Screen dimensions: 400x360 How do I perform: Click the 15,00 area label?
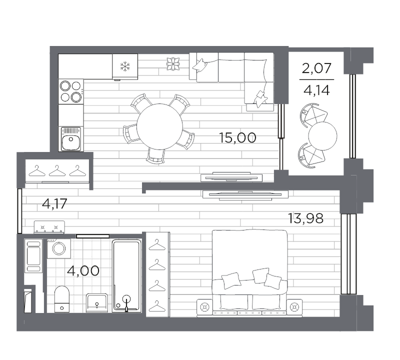click(x=237, y=138)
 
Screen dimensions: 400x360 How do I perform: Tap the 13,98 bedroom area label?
click(x=305, y=218)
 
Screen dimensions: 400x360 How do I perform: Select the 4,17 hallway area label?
click(x=54, y=203)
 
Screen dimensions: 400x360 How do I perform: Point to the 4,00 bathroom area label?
click(x=83, y=270)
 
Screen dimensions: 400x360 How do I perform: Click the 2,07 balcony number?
click(x=316, y=68)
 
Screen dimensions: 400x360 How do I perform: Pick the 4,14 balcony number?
click(x=316, y=90)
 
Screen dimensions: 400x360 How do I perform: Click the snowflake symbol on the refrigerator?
click(x=125, y=66)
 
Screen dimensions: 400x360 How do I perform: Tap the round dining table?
click(x=159, y=126)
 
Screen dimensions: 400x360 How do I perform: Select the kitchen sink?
click(x=71, y=139)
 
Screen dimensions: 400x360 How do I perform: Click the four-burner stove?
click(x=71, y=91)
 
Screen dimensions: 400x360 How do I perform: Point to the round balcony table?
click(x=322, y=136)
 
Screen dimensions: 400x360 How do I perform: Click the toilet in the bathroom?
click(x=62, y=299)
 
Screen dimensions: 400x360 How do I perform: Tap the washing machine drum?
click(x=59, y=248)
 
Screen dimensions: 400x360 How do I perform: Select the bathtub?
click(x=127, y=276)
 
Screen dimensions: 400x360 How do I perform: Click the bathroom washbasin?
click(x=97, y=303)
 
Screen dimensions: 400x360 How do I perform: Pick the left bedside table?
click(x=204, y=307)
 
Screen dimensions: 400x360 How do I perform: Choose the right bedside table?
click(x=294, y=307)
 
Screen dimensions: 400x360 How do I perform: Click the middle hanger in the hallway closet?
click(x=57, y=170)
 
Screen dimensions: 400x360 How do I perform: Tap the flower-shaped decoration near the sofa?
click(x=173, y=64)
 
